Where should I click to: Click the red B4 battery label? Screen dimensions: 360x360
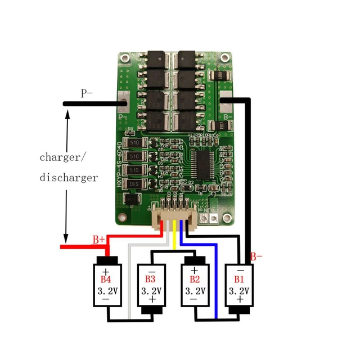pyautogui.click(x=106, y=279)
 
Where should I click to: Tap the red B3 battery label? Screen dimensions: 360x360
pyautogui.click(x=150, y=279)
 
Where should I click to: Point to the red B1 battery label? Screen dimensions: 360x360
pyautogui.click(x=238, y=279)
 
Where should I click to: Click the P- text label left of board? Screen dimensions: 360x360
pyautogui.click(x=87, y=93)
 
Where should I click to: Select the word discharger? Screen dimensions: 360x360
pyautogui.click(x=69, y=178)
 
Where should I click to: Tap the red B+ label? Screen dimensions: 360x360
pyautogui.click(x=99, y=240)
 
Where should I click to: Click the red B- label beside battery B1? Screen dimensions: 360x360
pyautogui.click(x=256, y=256)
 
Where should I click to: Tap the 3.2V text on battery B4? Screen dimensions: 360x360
pyautogui.click(x=106, y=291)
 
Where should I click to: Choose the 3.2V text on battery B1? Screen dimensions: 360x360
pyautogui.click(x=238, y=291)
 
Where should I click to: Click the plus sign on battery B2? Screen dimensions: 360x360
pyautogui.click(x=194, y=271)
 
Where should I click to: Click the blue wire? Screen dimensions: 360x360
pyautogui.click(x=216, y=281)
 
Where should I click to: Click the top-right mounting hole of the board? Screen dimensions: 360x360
pyautogui.click(x=226, y=58)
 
